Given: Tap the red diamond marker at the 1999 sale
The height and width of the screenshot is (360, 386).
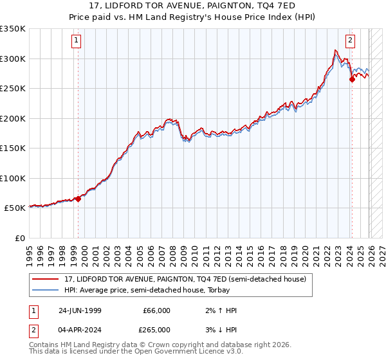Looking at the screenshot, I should (x=78, y=199).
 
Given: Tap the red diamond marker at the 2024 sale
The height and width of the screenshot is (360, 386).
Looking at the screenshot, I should (x=352, y=80).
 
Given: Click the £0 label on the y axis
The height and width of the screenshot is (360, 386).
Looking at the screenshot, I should (x=20, y=238).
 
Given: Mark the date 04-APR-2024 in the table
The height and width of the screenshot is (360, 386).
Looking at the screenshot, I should (x=79, y=329).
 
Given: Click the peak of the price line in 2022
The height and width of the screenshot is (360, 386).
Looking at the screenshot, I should (x=335, y=50).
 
